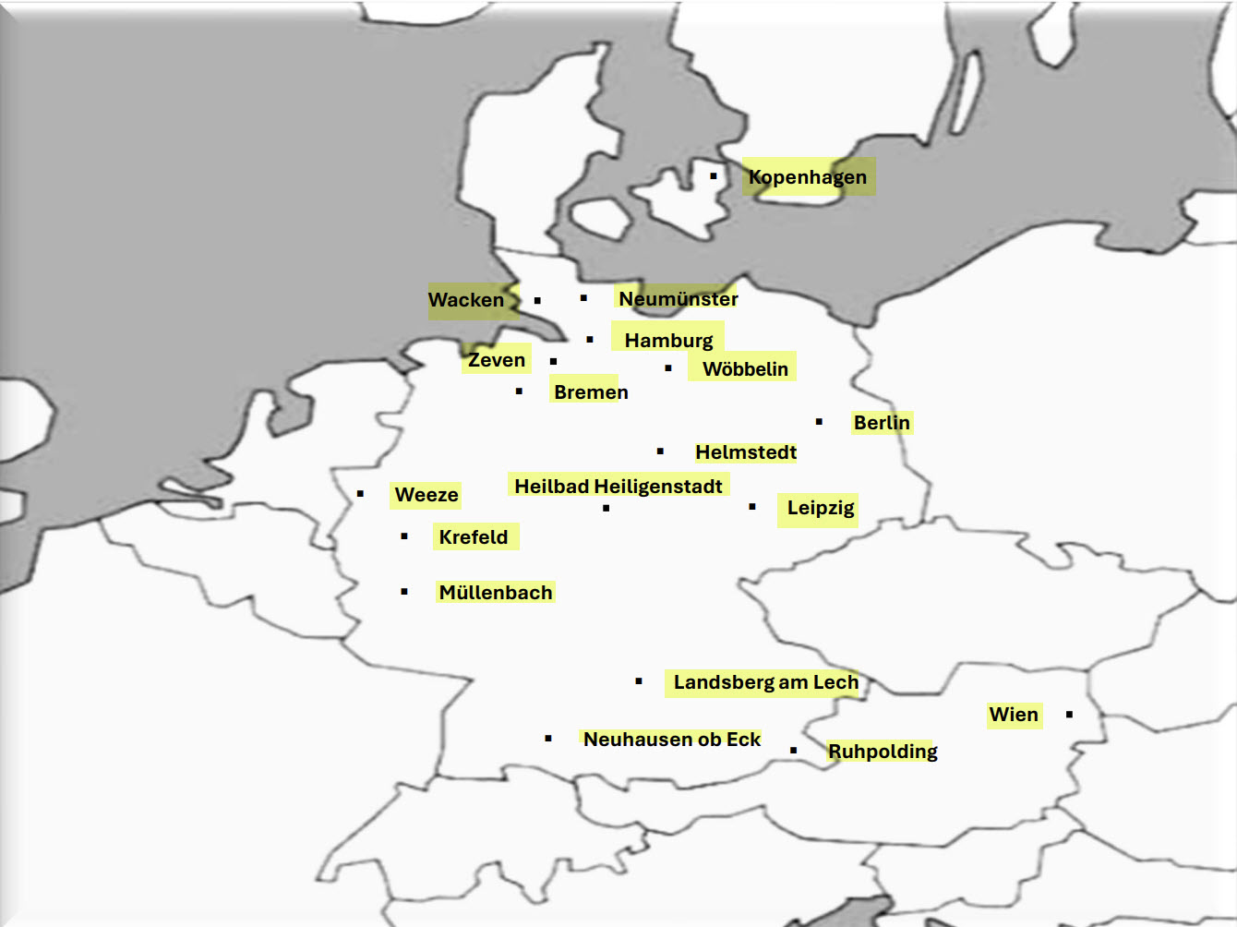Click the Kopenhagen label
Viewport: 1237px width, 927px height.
point(808,176)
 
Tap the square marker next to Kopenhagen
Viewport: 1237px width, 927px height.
point(714,175)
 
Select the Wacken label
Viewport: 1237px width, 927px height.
point(466,300)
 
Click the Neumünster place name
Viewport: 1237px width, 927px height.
point(678,298)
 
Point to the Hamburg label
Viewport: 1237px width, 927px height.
point(668,340)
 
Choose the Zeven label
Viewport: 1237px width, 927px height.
point(497,360)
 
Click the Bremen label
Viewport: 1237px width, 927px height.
point(591,391)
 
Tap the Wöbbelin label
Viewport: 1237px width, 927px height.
point(745,368)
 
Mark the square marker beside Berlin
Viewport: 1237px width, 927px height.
point(819,421)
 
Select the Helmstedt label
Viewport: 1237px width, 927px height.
point(746,451)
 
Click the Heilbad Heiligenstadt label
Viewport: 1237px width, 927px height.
point(618,486)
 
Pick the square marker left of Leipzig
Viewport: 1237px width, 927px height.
point(752,506)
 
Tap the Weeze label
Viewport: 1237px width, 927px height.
point(426,494)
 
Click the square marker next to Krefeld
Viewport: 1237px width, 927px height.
point(404,536)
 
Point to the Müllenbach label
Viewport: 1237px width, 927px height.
point(496,592)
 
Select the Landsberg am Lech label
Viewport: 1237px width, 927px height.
point(765,681)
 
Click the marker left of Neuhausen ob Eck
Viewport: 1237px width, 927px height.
point(548,738)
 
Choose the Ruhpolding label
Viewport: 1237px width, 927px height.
point(883,751)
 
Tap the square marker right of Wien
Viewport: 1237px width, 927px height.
point(1069,714)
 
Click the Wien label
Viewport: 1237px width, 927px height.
point(1014,714)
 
